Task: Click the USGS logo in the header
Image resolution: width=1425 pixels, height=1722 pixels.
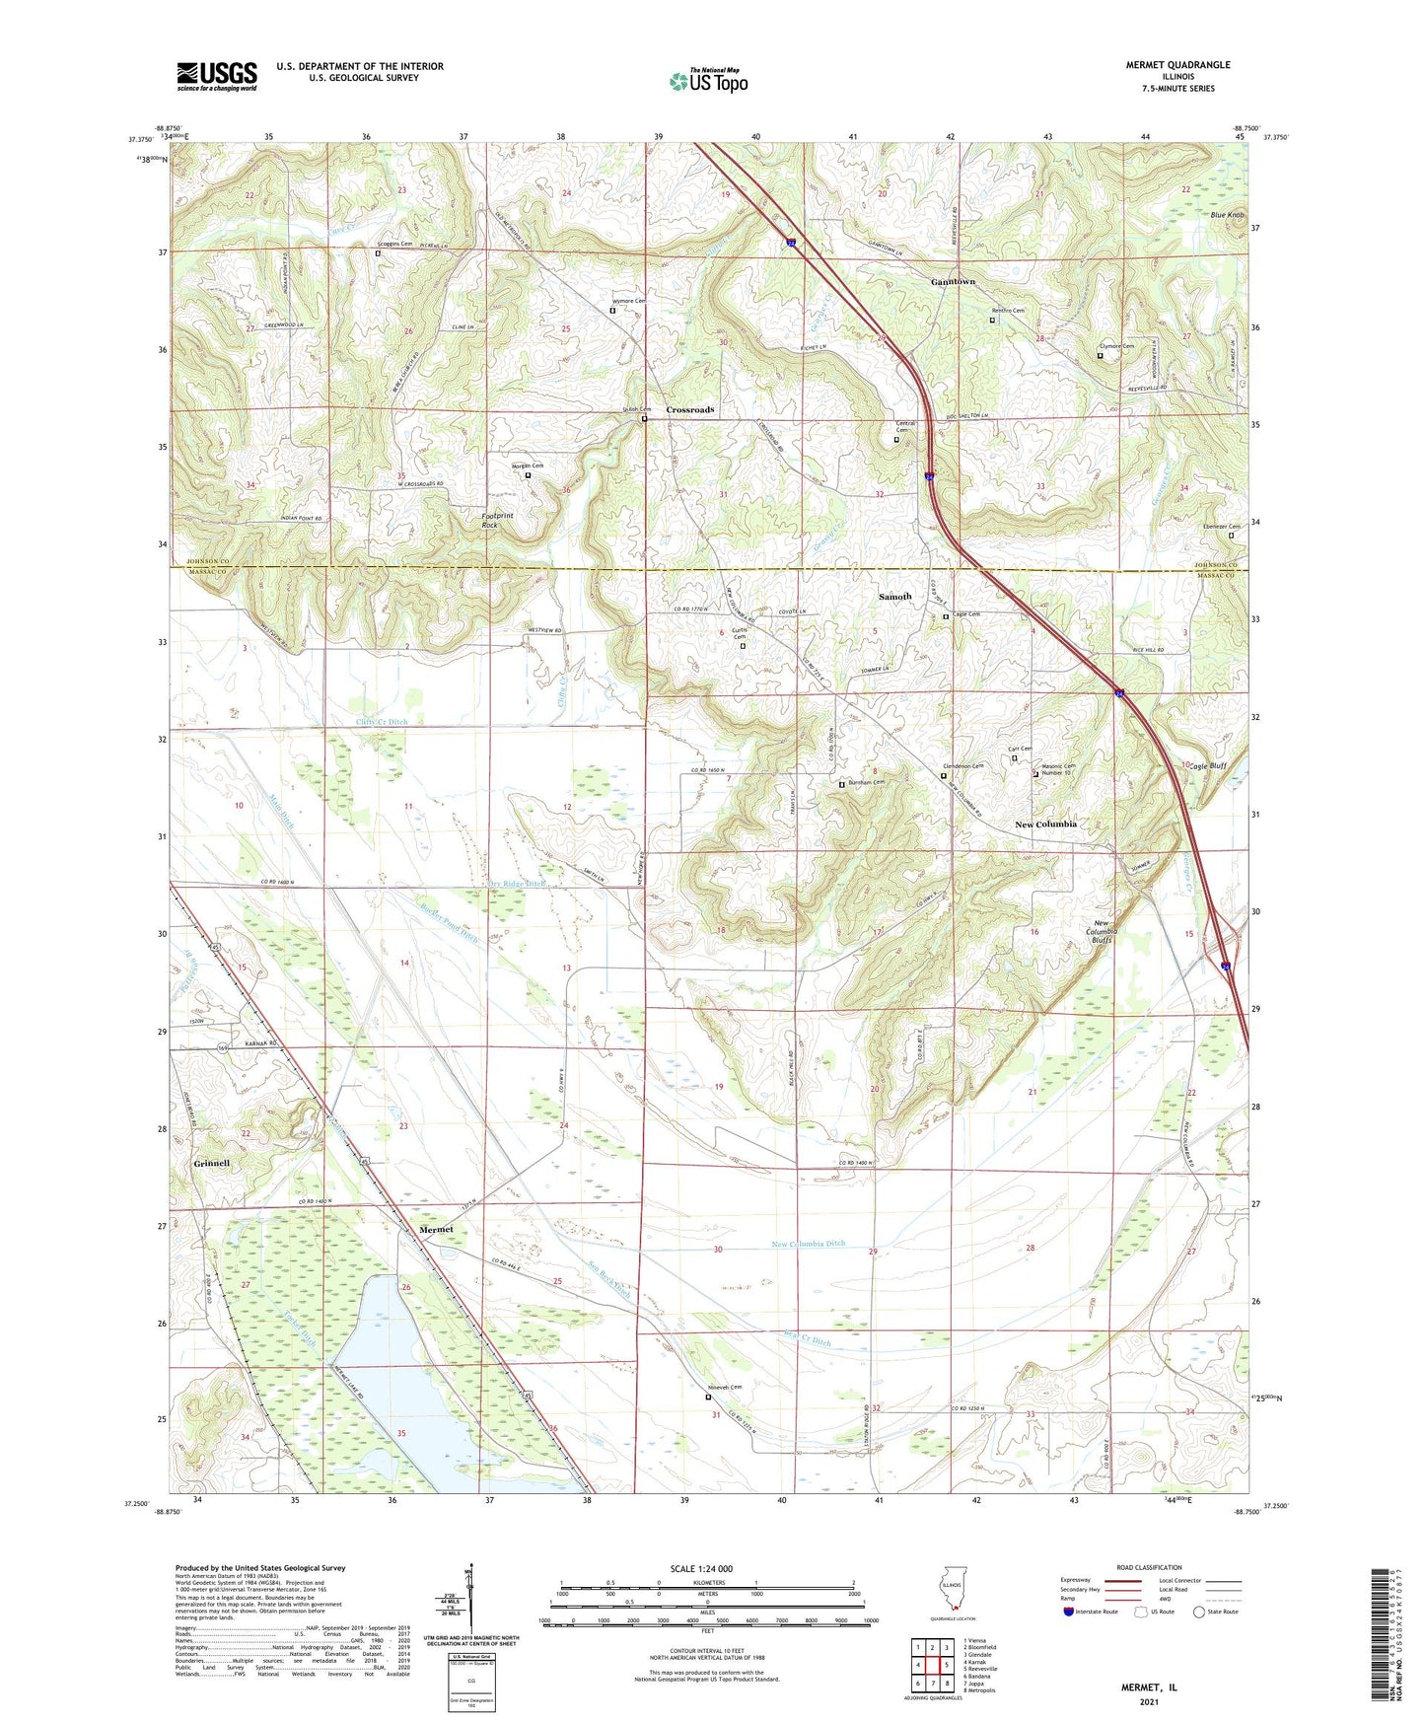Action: (x=217, y=75)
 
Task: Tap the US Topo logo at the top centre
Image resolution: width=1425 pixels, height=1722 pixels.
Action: (x=708, y=81)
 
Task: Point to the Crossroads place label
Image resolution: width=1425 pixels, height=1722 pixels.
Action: (x=690, y=409)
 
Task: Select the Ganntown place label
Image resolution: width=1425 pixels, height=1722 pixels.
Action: (x=953, y=282)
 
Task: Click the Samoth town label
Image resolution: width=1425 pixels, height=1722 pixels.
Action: (x=894, y=597)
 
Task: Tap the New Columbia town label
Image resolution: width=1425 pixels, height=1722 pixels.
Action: (x=1045, y=824)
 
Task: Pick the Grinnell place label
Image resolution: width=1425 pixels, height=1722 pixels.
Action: (x=211, y=1164)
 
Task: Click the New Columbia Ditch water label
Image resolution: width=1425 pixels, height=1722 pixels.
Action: (x=808, y=1244)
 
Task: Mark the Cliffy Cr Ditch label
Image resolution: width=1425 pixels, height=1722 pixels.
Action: (x=382, y=722)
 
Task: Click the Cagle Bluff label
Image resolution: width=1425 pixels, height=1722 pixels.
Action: (x=1207, y=766)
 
